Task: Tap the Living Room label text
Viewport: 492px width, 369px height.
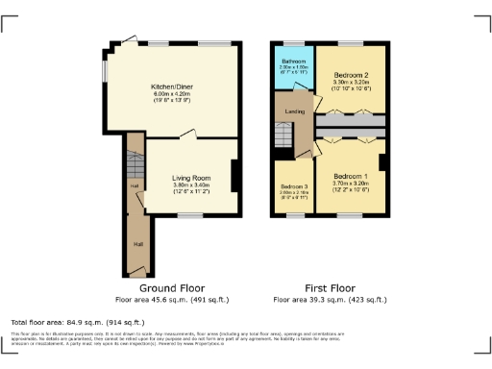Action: click(191, 178)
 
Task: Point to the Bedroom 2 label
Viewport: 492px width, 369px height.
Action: click(352, 74)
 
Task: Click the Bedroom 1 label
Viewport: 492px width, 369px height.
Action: click(351, 177)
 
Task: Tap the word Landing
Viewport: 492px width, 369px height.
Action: click(296, 112)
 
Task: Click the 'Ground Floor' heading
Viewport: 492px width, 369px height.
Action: click(172, 288)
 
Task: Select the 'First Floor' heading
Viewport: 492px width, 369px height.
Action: click(331, 288)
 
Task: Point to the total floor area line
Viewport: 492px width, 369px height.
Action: click(78, 321)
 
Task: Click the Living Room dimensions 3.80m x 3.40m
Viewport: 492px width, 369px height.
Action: click(191, 185)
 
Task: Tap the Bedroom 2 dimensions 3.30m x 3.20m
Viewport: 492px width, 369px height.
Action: click(352, 83)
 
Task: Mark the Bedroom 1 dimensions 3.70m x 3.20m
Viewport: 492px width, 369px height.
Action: click(351, 184)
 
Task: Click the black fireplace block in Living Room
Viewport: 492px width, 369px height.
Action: click(234, 175)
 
